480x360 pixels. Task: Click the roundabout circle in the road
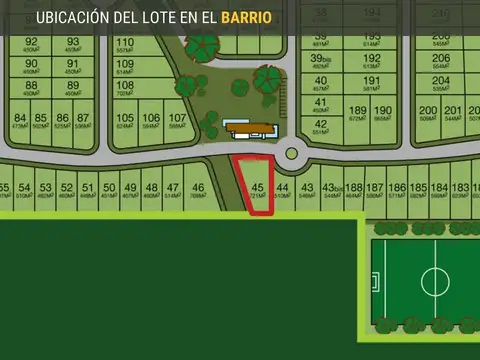click(x=292, y=154)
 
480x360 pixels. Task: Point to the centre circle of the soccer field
click(x=435, y=280)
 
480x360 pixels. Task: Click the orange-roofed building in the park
click(x=250, y=127)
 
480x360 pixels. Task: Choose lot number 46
click(x=198, y=191)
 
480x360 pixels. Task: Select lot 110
click(x=125, y=46)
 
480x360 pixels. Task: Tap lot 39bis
click(x=320, y=63)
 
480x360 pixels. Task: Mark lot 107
click(x=177, y=121)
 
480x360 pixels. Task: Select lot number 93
click(x=73, y=45)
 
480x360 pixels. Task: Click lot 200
click(x=428, y=114)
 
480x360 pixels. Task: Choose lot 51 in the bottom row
click(x=89, y=191)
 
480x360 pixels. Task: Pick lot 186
click(x=397, y=191)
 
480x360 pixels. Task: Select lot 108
click(x=125, y=89)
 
